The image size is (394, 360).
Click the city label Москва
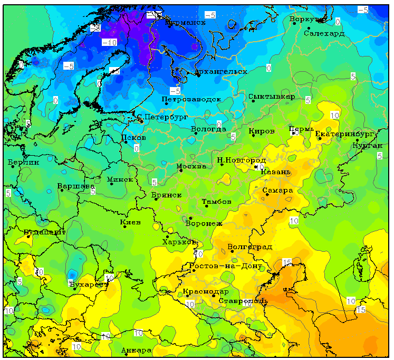(191, 166)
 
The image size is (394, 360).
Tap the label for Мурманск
(185, 23)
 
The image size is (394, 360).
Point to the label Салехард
(324, 33)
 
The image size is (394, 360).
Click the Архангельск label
(220, 71)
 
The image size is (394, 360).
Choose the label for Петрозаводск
(191, 99)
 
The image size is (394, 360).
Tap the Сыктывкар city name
(272, 97)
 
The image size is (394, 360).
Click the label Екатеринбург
(344, 134)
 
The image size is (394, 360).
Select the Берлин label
(24, 163)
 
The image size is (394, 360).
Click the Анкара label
(136, 350)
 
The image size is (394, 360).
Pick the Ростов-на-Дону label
(225, 266)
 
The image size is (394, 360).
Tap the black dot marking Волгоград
(232, 251)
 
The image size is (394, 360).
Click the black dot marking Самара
(267, 194)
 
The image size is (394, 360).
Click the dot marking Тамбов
(207, 206)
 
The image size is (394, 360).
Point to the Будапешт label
(45, 232)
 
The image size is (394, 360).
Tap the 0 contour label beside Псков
(136, 148)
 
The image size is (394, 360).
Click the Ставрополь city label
(243, 301)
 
